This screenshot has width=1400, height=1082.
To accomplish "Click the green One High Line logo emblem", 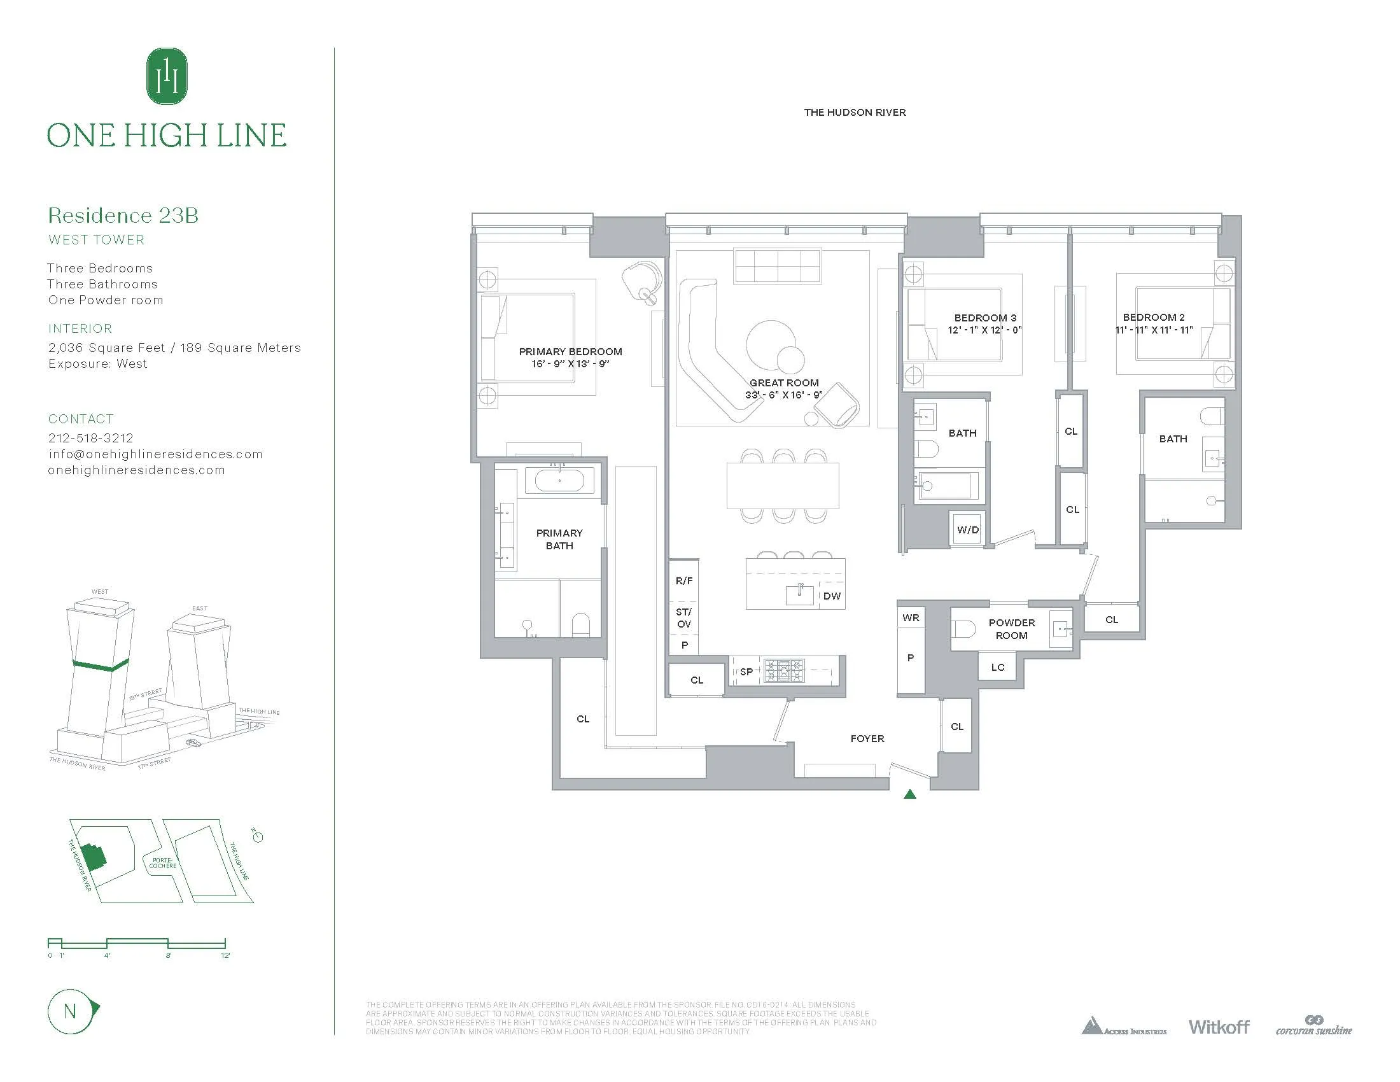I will click(167, 76).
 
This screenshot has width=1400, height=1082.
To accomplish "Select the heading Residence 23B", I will click(123, 215).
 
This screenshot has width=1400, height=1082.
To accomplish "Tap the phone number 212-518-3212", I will click(91, 438).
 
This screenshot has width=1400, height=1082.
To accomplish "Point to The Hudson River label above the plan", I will click(855, 112).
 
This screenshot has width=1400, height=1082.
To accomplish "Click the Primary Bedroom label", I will click(570, 351).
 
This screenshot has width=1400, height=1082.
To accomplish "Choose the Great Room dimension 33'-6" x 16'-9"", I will click(783, 395).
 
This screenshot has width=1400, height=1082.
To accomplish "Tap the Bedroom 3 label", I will click(984, 318).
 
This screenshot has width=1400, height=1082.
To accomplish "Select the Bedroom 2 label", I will click(1153, 318).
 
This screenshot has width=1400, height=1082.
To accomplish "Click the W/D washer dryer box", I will click(967, 530).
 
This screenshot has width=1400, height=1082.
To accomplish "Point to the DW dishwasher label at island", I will click(832, 596).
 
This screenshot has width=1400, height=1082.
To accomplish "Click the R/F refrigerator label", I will click(684, 580).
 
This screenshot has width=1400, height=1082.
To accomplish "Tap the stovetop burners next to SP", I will click(783, 671).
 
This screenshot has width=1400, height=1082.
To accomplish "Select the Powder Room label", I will click(1011, 629).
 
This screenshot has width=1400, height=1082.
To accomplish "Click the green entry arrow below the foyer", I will click(909, 795).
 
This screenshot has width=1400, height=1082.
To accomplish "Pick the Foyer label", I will click(867, 738).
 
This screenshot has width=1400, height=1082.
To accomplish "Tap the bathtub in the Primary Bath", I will click(559, 481).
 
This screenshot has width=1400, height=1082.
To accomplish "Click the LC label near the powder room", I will click(997, 667).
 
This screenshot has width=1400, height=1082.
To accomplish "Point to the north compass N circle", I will click(71, 1011).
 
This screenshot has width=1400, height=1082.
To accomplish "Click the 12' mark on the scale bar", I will click(225, 955).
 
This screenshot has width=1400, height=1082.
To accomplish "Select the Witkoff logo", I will click(1219, 1027).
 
